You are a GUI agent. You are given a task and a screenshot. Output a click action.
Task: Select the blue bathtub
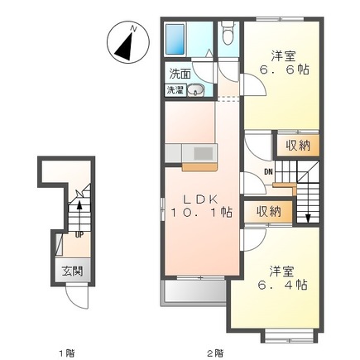pos(175,39)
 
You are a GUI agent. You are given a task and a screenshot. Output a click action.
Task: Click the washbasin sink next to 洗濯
pos(196,90)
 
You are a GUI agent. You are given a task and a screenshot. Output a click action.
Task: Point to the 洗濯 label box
pos(175,90)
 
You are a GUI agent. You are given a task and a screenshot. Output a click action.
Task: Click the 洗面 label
pos(180,74)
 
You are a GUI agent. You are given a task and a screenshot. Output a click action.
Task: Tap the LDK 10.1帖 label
pos(201,205)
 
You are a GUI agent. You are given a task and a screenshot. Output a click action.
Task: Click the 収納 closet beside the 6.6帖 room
pos(298,146)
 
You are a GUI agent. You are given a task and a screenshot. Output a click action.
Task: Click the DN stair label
pos(268,172)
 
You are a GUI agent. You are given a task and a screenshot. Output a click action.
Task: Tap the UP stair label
pos(79,235)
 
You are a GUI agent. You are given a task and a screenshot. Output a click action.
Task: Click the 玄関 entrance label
pos(72,271)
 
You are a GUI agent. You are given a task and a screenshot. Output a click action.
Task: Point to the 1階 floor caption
pos(67,353)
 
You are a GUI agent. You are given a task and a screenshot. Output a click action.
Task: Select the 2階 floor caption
pos(215,353)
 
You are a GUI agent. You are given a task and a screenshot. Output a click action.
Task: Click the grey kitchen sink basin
pos(204,153)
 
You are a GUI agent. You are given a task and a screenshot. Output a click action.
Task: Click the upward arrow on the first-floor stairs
pos(79,216)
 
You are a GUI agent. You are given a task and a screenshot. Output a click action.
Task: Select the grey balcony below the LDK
pos(195,291)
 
